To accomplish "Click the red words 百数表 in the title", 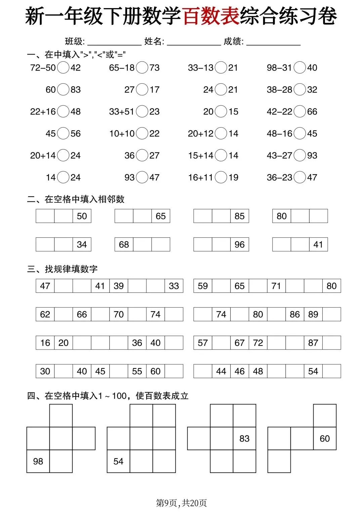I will point(211,16).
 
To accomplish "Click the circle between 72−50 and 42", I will point(63,67).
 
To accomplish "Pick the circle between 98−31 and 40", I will point(300,67).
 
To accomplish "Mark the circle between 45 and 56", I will point(63,133).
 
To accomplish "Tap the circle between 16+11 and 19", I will point(221,177).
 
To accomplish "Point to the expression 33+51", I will point(121,111).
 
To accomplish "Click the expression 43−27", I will point(279,155).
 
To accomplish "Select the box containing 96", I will point(240,244).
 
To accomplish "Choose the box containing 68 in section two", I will point(124,244).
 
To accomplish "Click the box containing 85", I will point(240,216).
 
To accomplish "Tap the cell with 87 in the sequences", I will point(313,343).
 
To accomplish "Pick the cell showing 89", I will point(313,314).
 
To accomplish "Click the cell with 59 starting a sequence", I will point(203,286).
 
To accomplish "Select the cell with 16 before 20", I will point(45,343).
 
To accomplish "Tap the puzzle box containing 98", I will point(38,461).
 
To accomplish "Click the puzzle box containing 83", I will point(244,438).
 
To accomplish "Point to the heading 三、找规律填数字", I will point(63,269).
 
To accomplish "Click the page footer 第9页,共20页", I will point(182,503).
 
